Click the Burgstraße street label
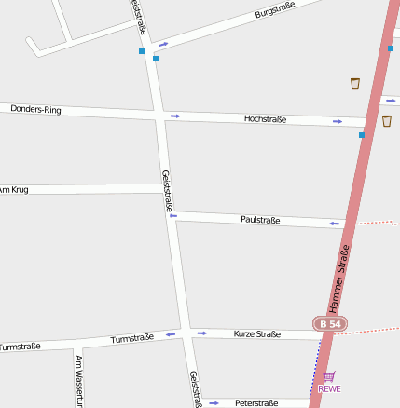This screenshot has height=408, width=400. tap(275, 11)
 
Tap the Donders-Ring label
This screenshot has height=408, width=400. tap(36, 110)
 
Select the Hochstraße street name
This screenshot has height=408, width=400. tap(265, 119)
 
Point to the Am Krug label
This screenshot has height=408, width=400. tap(14, 189)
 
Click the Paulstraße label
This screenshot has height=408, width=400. tap(260, 220)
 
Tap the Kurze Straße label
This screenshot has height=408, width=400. tap(257, 333)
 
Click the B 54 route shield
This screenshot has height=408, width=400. tap(329, 323)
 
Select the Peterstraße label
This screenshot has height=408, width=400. tap(256, 403)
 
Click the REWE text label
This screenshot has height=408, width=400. tap(329, 388)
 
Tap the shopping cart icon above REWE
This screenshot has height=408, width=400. tap(328, 376)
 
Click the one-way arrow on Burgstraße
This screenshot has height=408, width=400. tap(164, 44)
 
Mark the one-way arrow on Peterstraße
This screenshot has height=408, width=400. tap(214, 402)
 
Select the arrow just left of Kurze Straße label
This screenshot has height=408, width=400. tap(201, 333)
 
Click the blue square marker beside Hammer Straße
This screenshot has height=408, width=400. tap(362, 135)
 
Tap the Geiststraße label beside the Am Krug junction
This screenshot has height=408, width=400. tap(167, 190)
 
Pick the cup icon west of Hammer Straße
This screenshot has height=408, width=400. tap(355, 84)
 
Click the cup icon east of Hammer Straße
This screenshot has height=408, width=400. tap(387, 120)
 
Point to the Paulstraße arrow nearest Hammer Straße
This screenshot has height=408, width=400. tap(334, 224)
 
